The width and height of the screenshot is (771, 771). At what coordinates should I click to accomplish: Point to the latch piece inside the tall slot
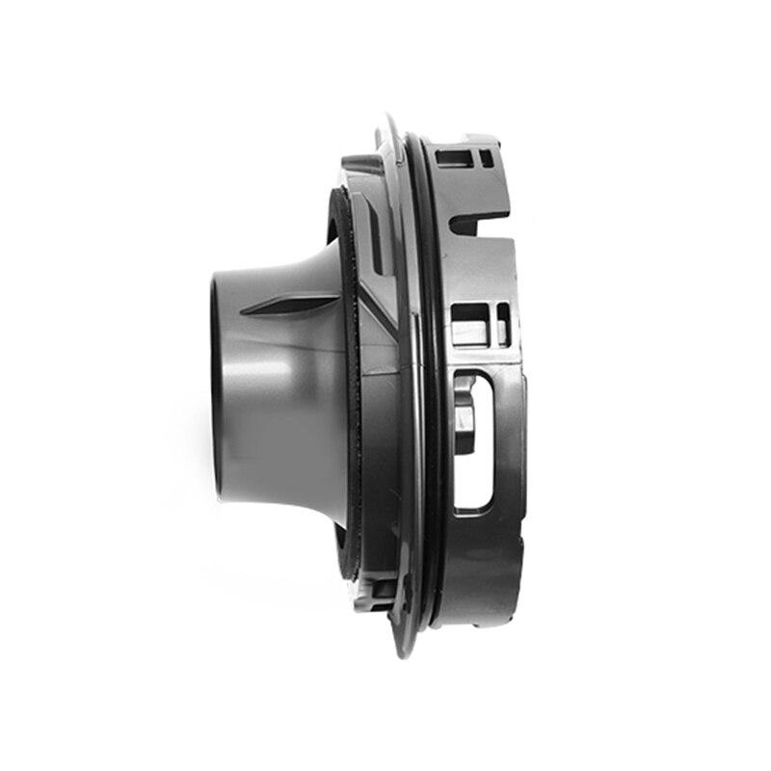(464, 405)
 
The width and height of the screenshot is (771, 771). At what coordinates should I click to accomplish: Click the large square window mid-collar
(468, 324)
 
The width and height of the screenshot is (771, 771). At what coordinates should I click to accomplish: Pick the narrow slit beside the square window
(502, 324)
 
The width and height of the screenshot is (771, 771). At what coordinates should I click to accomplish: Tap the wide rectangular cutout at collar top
(453, 156)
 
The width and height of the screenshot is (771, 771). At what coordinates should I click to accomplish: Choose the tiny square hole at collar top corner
(486, 155)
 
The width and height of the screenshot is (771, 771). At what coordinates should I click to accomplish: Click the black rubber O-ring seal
(431, 385)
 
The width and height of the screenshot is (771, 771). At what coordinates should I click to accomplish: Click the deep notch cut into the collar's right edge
(482, 222)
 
